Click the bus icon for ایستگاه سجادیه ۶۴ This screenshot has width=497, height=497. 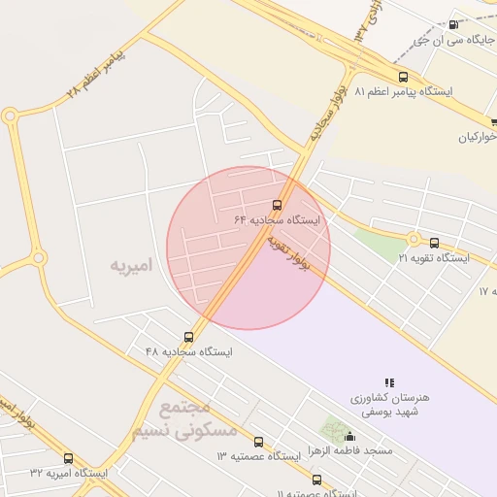point(278,205)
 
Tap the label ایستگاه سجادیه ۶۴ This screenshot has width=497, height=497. point(277,220)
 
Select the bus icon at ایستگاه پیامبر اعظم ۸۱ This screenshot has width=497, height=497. point(403,77)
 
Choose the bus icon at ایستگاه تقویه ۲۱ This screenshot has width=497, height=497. point(434,244)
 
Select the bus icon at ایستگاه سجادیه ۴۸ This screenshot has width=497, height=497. point(188,337)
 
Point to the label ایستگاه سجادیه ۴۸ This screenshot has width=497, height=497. point(189,351)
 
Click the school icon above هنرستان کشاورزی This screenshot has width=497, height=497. point(390,383)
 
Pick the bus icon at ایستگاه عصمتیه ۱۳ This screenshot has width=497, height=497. point(258,442)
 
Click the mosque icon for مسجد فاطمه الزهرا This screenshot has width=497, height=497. point(349,438)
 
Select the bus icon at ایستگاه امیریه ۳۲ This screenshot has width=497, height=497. point(68,458)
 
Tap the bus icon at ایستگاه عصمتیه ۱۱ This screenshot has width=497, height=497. point(316,480)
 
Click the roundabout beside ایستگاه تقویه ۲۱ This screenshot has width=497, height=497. point(414,238)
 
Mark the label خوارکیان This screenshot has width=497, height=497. point(478,137)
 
